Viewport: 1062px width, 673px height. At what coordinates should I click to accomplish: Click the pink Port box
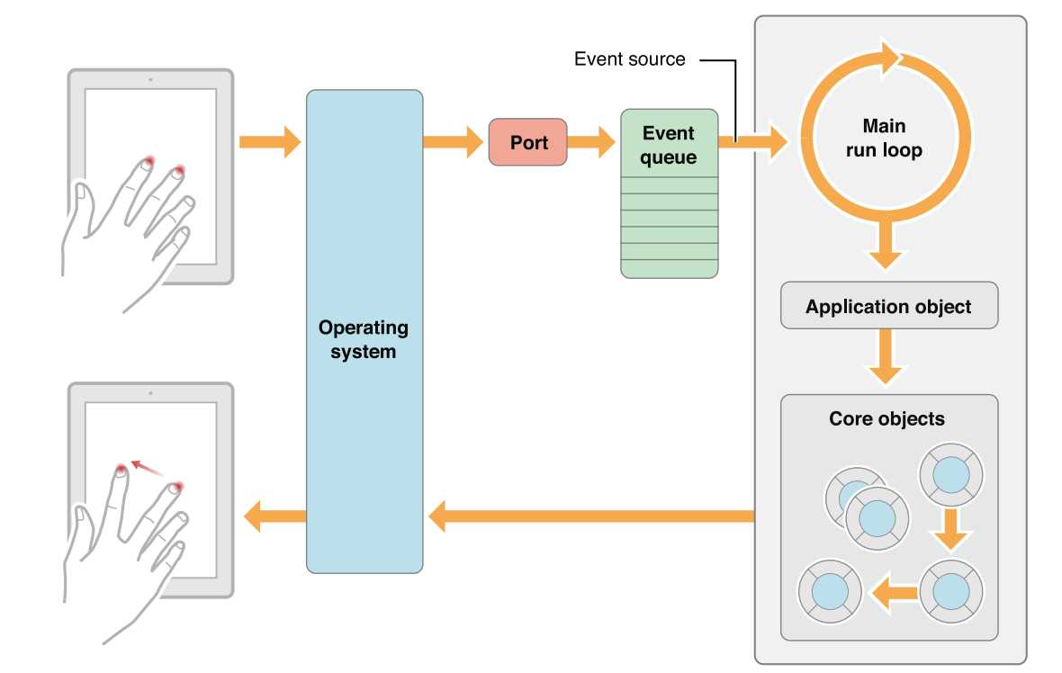[528, 141]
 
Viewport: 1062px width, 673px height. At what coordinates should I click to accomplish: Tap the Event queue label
[669, 145]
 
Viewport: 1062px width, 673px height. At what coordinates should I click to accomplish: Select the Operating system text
[363, 339]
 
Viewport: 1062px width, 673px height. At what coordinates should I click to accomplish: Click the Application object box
[888, 307]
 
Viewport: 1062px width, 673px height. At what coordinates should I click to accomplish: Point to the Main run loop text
[884, 139]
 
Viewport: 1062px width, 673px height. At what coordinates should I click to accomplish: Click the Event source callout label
[629, 60]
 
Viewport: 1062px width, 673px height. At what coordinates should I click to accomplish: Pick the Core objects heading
[886, 419]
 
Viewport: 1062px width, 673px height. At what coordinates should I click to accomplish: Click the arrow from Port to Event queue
[591, 141]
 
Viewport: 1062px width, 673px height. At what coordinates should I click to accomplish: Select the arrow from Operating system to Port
[454, 141]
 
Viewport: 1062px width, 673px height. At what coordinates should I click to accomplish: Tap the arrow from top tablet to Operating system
[269, 141]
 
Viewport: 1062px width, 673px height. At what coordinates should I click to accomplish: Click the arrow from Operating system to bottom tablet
[274, 516]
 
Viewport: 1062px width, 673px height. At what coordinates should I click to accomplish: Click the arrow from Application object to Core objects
[887, 356]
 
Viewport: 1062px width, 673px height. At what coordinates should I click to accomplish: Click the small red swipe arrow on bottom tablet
[147, 469]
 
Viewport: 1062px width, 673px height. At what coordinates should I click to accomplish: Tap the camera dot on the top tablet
[149, 79]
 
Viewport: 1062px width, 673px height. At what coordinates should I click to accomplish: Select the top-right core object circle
[950, 475]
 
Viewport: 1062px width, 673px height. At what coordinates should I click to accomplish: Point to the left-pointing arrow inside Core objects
[891, 592]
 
